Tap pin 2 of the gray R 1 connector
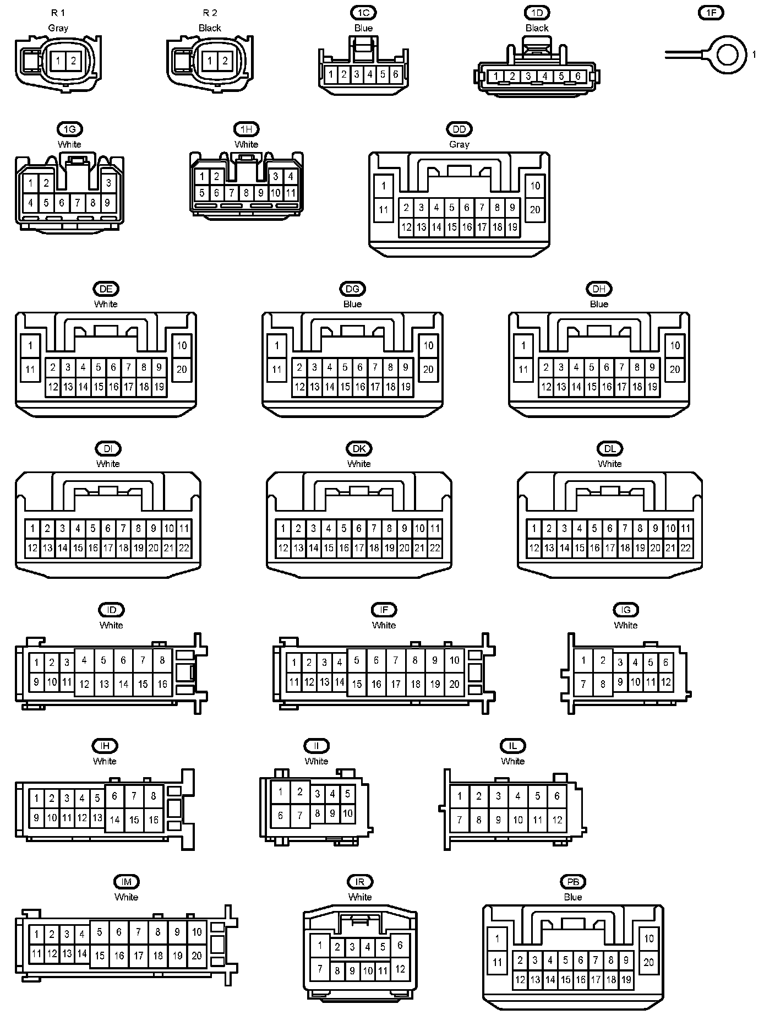click(73, 61)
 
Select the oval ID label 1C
click(363, 13)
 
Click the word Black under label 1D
click(537, 28)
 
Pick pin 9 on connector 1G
click(107, 203)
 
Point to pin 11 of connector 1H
click(291, 193)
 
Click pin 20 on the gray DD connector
click(535, 210)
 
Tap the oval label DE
click(106, 289)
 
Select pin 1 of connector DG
click(277, 346)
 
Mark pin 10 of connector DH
click(675, 346)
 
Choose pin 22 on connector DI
click(184, 548)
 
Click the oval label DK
click(359, 448)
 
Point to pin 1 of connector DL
click(533, 529)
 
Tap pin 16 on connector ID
click(162, 684)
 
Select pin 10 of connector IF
click(454, 660)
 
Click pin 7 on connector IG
click(583, 685)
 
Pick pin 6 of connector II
click(280, 815)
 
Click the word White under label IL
click(512, 761)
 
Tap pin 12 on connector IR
click(400, 969)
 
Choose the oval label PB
click(573, 882)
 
